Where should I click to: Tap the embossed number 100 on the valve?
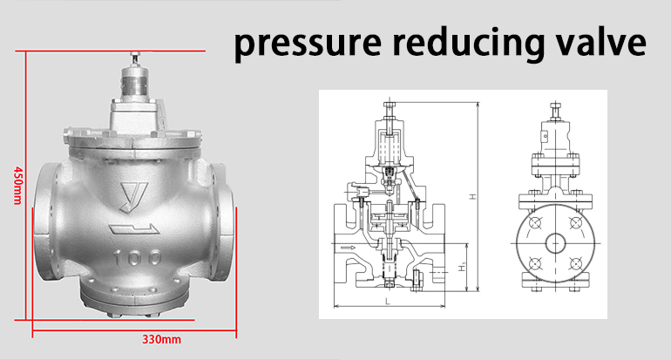(136, 260)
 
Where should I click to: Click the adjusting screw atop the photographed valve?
(135, 60)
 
